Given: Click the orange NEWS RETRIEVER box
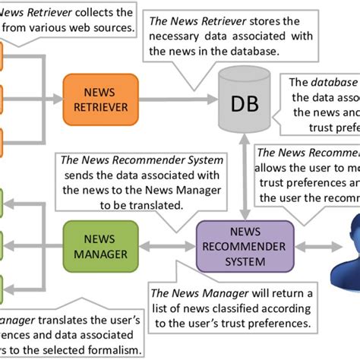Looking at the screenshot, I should click(x=95, y=99).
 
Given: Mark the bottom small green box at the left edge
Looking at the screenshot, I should click(x=2, y=286).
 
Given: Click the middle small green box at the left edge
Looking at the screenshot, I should click(x=2, y=245).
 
